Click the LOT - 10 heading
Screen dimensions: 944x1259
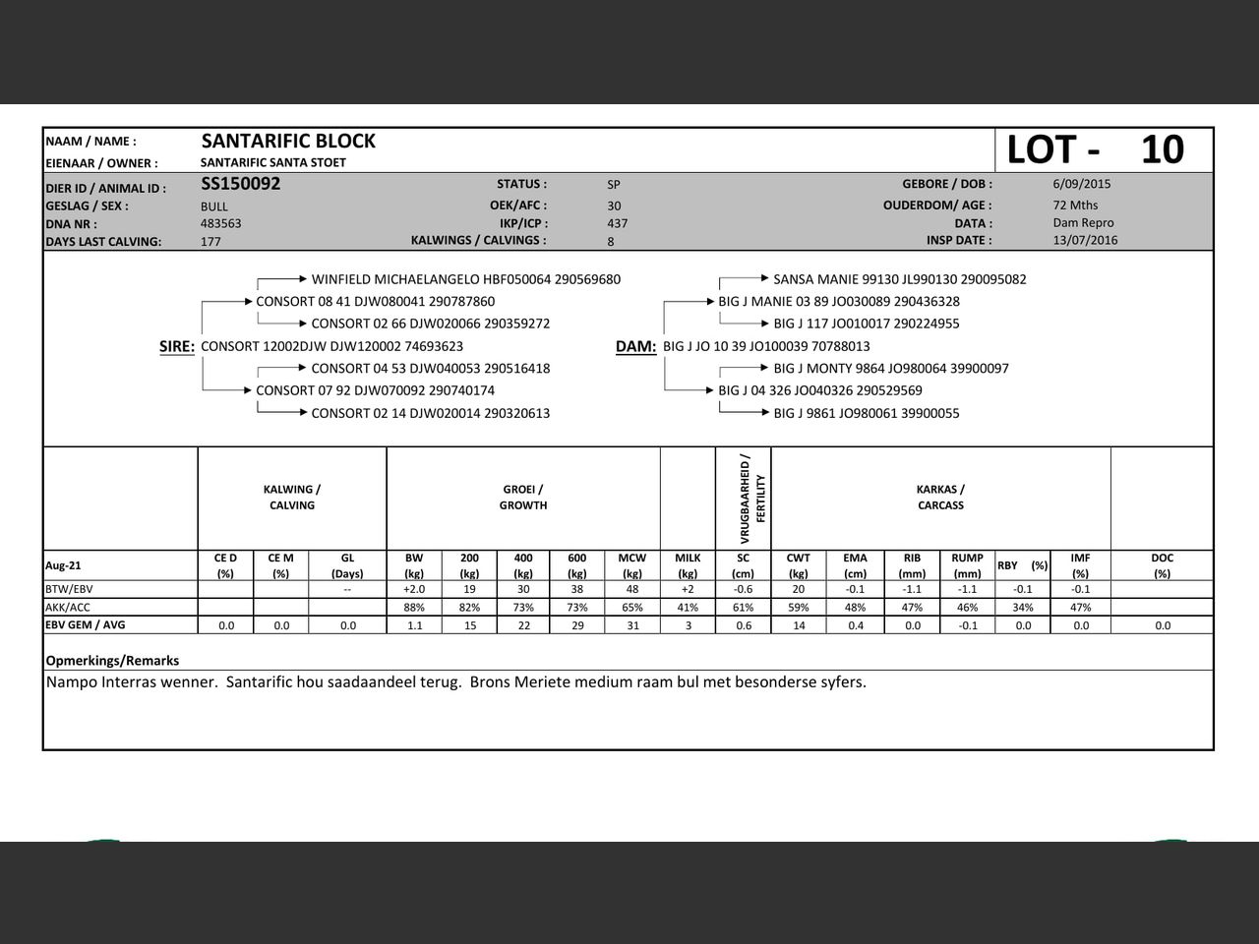point(1095,149)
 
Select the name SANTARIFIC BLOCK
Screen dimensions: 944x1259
point(288,142)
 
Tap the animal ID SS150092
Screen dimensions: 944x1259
point(241,184)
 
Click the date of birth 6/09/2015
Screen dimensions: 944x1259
point(1081,184)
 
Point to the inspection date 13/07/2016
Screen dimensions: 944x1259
point(1085,240)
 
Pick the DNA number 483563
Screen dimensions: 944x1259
point(221,223)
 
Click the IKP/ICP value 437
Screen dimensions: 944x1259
point(618,223)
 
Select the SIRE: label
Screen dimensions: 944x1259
point(177,346)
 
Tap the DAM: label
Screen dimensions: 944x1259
point(635,346)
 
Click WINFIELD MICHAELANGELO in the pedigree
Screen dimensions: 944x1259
point(394,279)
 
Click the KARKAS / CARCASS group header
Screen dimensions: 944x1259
point(940,498)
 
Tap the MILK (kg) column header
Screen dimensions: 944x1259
point(688,565)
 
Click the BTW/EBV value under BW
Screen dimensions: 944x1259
point(414,589)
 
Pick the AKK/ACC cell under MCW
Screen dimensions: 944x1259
point(631,608)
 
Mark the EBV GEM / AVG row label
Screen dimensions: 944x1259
point(86,624)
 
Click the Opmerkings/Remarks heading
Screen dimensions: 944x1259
point(112,661)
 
